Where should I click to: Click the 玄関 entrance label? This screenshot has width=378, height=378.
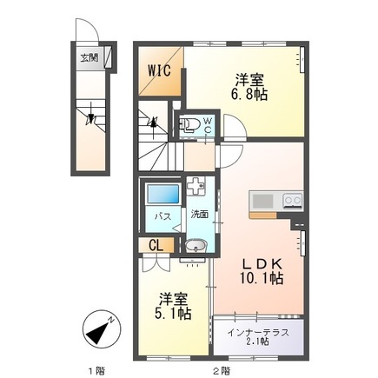[x=90, y=59]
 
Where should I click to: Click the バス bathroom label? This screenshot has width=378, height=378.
[x=162, y=215]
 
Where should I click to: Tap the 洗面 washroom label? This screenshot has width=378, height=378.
[x=199, y=214]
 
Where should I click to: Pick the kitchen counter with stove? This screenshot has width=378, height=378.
[x=276, y=202]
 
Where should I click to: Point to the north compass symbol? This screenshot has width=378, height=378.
[x=100, y=329]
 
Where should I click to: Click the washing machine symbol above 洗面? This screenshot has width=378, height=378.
[x=196, y=186]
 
